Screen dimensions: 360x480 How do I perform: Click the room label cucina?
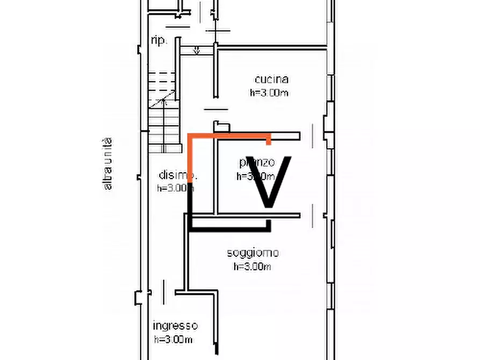pos(271,80)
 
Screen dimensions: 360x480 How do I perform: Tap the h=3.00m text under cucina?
pos(269,92)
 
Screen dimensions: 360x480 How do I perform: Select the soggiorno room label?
pos(253,253)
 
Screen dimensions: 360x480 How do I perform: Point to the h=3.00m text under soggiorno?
pos(253,266)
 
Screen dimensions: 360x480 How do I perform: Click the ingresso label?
pos(175,326)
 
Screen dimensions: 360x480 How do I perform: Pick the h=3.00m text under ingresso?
pos(174,339)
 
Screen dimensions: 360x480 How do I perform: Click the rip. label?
pos(159,41)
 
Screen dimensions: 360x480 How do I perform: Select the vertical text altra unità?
pos(108,164)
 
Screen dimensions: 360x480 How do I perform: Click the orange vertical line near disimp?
pos(190,159)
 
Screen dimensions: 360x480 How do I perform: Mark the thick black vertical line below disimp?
pos(190,207)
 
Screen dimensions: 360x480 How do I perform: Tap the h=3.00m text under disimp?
pos(174,188)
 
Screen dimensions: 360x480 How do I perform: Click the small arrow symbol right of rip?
pos(197,51)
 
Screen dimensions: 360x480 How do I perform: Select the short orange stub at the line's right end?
pos(269,141)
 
